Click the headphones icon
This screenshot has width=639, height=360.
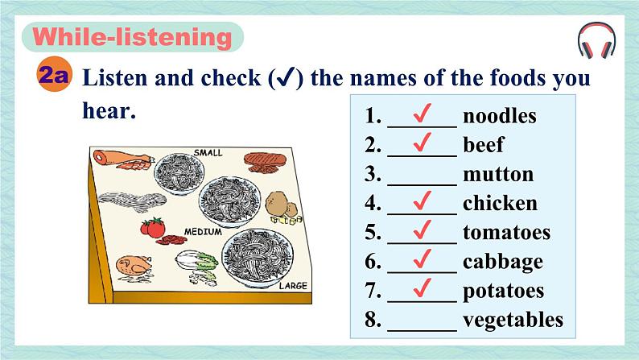pyautogui.click(x=596, y=40)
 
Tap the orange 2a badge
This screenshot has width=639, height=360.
pyautogui.click(x=53, y=75)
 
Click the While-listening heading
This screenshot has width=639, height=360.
pyautogui.click(x=133, y=37)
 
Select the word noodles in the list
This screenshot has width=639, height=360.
pyautogui.click(x=500, y=116)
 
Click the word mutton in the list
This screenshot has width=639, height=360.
pyautogui.click(x=498, y=174)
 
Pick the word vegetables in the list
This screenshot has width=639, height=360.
pyautogui.click(x=513, y=320)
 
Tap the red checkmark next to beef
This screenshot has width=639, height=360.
pyautogui.click(x=422, y=143)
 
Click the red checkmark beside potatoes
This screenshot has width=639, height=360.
pyautogui.click(x=422, y=288)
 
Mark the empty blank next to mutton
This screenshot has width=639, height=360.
pyautogui.click(x=422, y=184)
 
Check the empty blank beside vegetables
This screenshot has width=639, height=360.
pyautogui.click(x=422, y=330)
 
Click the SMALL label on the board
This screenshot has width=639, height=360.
pyautogui.click(x=208, y=153)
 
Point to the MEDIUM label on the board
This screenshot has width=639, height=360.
pyautogui.click(x=203, y=232)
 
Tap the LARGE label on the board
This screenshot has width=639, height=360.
pyautogui.click(x=293, y=286)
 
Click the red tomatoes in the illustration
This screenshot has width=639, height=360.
pyautogui.click(x=153, y=226)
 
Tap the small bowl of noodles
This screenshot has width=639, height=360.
pyautogui.click(x=179, y=173)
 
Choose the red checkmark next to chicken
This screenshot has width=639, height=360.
pyautogui.click(x=422, y=201)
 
